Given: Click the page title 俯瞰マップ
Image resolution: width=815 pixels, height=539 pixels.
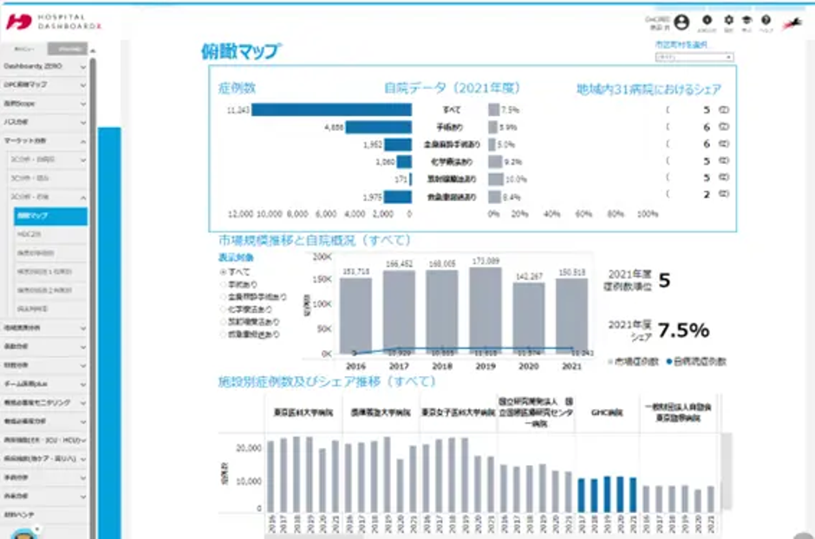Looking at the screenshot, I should click(x=240, y=51).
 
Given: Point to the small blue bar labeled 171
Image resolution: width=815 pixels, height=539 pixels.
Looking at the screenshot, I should click(x=411, y=179).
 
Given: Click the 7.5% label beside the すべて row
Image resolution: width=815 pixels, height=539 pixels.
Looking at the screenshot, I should click(x=510, y=110).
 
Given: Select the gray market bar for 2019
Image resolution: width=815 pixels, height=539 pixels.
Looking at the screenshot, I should click(x=486, y=308).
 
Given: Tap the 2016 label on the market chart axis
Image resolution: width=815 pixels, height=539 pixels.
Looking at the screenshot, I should click(x=355, y=367).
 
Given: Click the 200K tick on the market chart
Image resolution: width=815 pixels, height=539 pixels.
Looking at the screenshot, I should click(x=321, y=257).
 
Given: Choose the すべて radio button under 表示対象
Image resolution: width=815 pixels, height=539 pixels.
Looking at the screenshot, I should click(x=223, y=272).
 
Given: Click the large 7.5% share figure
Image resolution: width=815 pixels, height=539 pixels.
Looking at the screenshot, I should click(x=683, y=330).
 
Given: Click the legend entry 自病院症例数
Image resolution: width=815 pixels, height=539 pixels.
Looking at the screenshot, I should click(x=699, y=360).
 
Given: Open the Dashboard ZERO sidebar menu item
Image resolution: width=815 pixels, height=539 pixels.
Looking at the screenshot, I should click(x=43, y=66).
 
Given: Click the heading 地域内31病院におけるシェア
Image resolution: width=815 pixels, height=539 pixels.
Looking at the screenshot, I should click(x=649, y=88).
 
